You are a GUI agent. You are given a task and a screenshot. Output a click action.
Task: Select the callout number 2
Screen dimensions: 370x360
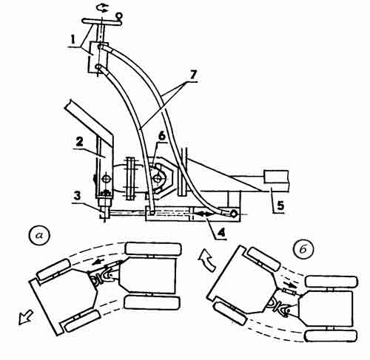coord(80,143)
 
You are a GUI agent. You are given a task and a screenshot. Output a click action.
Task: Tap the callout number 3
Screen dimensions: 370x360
coord(77,197)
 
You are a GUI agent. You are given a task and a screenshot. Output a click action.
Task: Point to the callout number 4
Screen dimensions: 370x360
coord(221,233)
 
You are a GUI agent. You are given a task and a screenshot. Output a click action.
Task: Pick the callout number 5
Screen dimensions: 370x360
coord(280,205)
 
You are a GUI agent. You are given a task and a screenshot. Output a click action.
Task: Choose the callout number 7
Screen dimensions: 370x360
coord(193,75)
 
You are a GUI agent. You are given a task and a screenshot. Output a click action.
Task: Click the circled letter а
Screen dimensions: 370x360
coord(39,236)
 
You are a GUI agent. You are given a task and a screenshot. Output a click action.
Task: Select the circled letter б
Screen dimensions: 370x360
coord(303,250)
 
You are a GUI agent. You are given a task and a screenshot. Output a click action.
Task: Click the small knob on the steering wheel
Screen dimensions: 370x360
coord(119,16)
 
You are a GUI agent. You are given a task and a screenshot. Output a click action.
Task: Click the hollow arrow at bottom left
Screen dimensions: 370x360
coord(25,317)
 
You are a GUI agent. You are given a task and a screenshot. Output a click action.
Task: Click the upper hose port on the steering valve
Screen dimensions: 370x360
coord(99,47)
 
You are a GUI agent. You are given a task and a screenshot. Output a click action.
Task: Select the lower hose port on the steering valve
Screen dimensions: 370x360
coord(98,67)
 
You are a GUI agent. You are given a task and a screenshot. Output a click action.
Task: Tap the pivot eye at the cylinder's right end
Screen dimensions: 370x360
coord(235,214)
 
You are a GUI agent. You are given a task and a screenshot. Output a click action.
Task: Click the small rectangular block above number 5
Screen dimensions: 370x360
coord(275,177)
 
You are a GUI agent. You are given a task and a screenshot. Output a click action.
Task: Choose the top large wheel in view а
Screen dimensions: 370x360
coord(153,248)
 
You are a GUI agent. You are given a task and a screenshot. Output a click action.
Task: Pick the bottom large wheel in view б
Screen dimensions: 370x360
coord(331,336)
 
